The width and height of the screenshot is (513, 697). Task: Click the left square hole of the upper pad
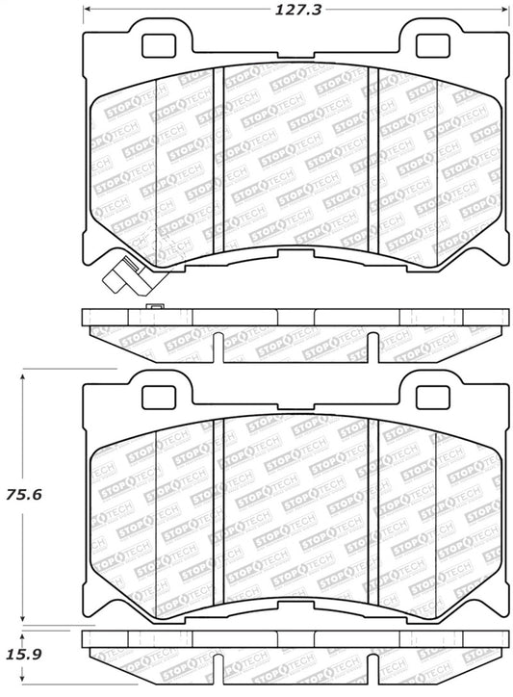click(x=155, y=45)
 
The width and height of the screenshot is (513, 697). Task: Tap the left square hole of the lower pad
click(x=155, y=395)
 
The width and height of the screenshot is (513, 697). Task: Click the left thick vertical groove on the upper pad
click(x=222, y=154)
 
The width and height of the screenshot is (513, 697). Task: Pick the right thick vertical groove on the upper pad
click(x=377, y=154)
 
